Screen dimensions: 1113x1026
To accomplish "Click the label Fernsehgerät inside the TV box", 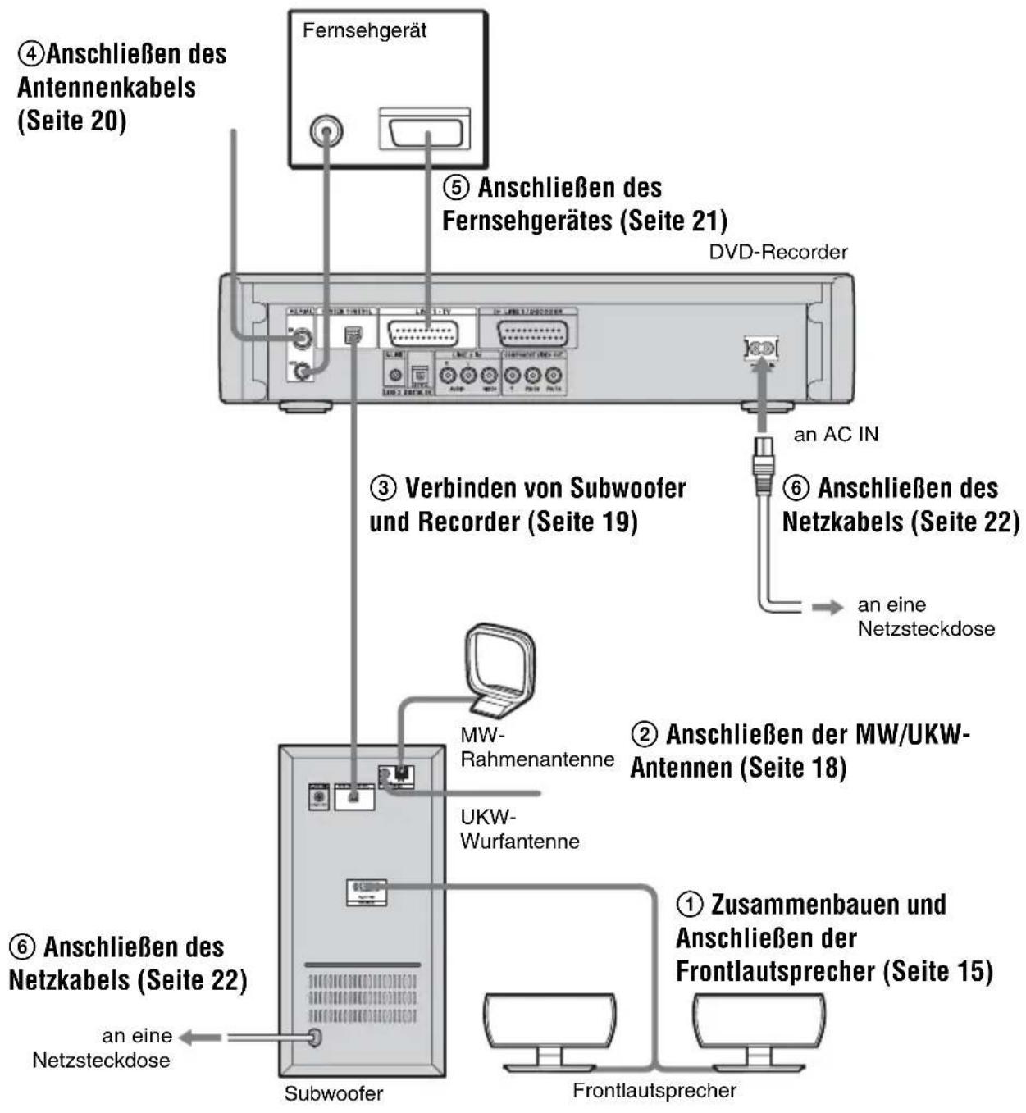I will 364,31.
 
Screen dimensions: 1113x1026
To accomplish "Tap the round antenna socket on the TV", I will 326,130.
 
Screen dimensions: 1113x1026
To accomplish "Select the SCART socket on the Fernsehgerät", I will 424,130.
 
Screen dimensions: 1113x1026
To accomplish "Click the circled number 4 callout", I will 31,55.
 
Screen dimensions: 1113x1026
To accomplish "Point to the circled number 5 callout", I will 457,188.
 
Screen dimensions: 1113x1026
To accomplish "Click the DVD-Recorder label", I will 777,252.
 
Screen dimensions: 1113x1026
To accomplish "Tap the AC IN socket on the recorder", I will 761,348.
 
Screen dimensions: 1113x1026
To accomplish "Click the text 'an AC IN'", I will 835,435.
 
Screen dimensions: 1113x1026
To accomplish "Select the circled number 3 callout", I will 383,489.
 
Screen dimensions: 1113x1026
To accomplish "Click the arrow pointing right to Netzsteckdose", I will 827,607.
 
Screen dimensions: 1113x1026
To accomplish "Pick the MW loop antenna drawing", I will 499,664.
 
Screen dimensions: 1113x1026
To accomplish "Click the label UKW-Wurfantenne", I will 519,829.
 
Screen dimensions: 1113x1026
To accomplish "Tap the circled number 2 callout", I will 645,733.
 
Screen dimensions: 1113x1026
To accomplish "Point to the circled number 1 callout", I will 690,905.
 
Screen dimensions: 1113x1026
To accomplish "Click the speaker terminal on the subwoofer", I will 366,892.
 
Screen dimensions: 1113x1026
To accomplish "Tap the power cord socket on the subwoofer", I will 313,1038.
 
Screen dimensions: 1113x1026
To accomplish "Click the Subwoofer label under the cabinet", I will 333,1093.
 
